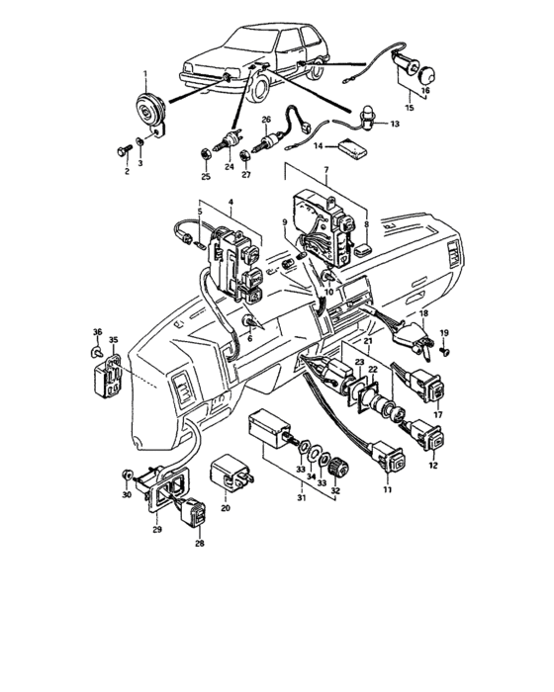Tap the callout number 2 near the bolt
click(x=127, y=172)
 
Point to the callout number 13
click(x=395, y=125)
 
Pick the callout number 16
click(x=427, y=90)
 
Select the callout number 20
click(x=226, y=508)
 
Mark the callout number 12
click(x=431, y=465)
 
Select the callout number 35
click(x=113, y=341)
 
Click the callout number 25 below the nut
click(x=206, y=176)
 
